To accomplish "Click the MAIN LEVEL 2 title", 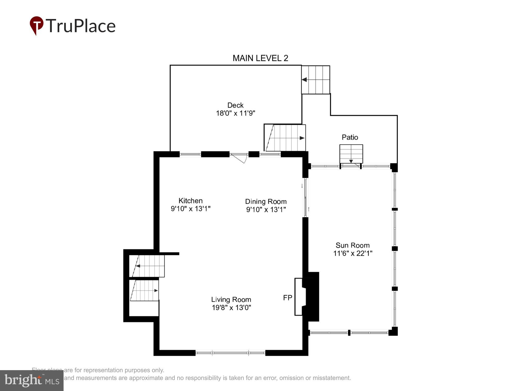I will (x=260, y=58).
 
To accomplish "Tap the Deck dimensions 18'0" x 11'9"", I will (x=235, y=113).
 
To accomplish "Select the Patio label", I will (x=350, y=137).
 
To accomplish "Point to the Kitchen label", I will (x=190, y=201).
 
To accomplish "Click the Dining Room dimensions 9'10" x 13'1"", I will (x=266, y=209).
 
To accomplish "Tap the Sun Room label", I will (x=352, y=245).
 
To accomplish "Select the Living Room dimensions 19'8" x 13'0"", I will (x=231, y=307).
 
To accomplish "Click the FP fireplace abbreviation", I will (x=288, y=298).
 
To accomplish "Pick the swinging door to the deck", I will (x=239, y=158).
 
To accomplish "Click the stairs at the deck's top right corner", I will (x=316, y=80).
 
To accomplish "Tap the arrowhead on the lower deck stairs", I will (x=302, y=138).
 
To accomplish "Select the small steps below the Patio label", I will (x=351, y=154).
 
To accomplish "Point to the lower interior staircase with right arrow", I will (x=145, y=290).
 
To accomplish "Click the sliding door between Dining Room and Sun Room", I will (x=305, y=198).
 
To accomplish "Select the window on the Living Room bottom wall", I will (x=230, y=353).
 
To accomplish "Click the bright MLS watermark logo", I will (x=32, y=381).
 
